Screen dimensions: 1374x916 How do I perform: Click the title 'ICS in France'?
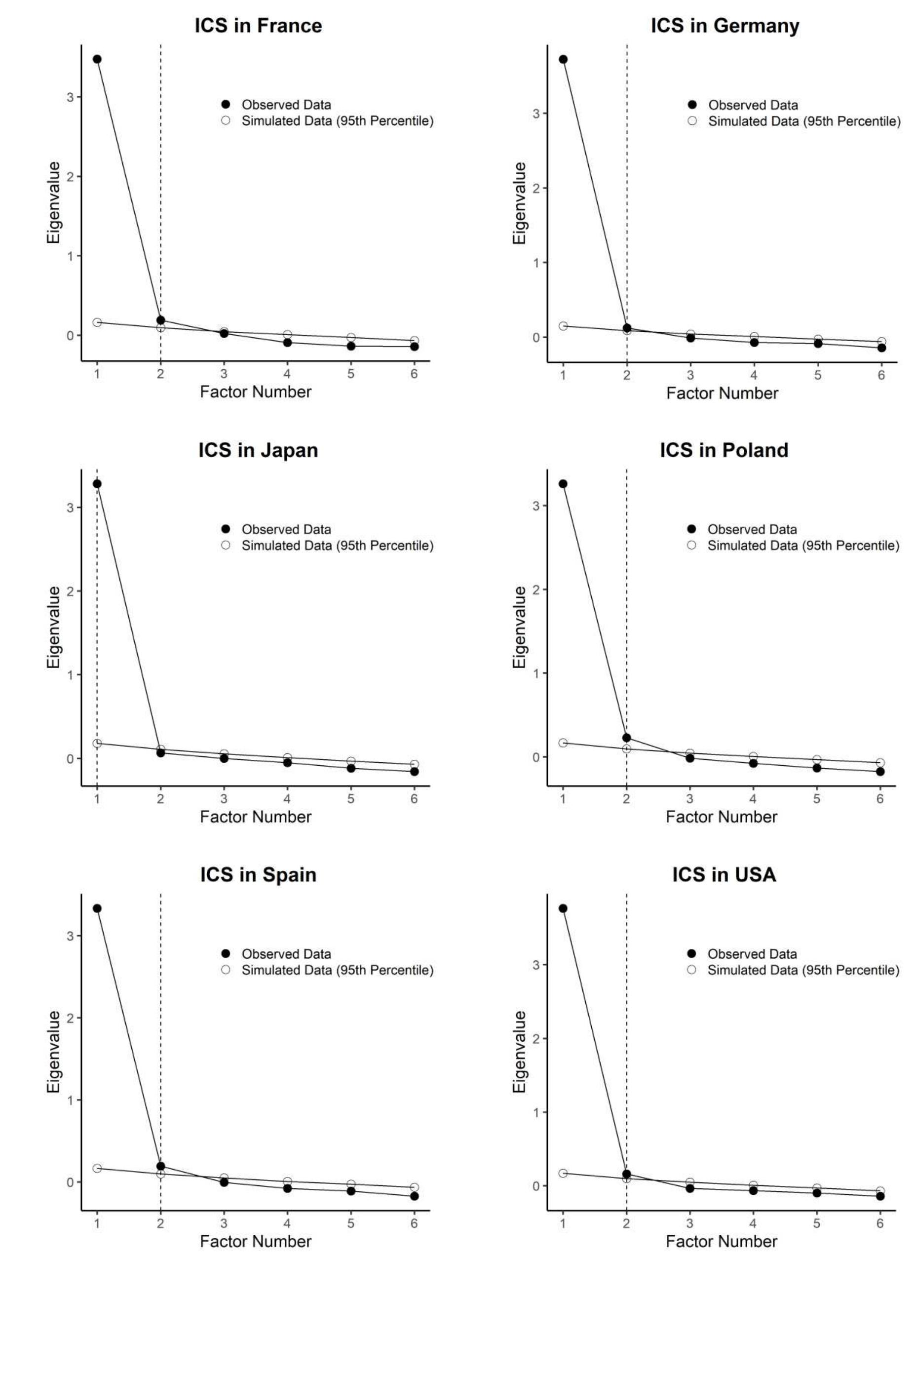tap(258, 26)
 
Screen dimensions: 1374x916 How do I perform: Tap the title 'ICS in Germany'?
tap(725, 26)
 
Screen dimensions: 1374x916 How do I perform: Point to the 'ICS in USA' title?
tap(724, 874)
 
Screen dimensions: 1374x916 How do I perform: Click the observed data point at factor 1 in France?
tap(97, 59)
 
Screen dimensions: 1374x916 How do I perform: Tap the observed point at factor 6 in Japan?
tap(414, 772)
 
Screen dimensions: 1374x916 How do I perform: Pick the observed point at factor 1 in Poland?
tap(563, 483)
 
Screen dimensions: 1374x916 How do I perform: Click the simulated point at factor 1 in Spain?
tap(97, 1168)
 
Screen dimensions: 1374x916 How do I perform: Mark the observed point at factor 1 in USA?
tap(563, 908)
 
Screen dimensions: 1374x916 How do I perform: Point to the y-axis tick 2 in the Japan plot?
tap(71, 591)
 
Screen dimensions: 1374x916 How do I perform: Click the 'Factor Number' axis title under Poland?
tap(722, 817)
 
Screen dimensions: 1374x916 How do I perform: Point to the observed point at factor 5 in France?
tap(351, 346)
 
